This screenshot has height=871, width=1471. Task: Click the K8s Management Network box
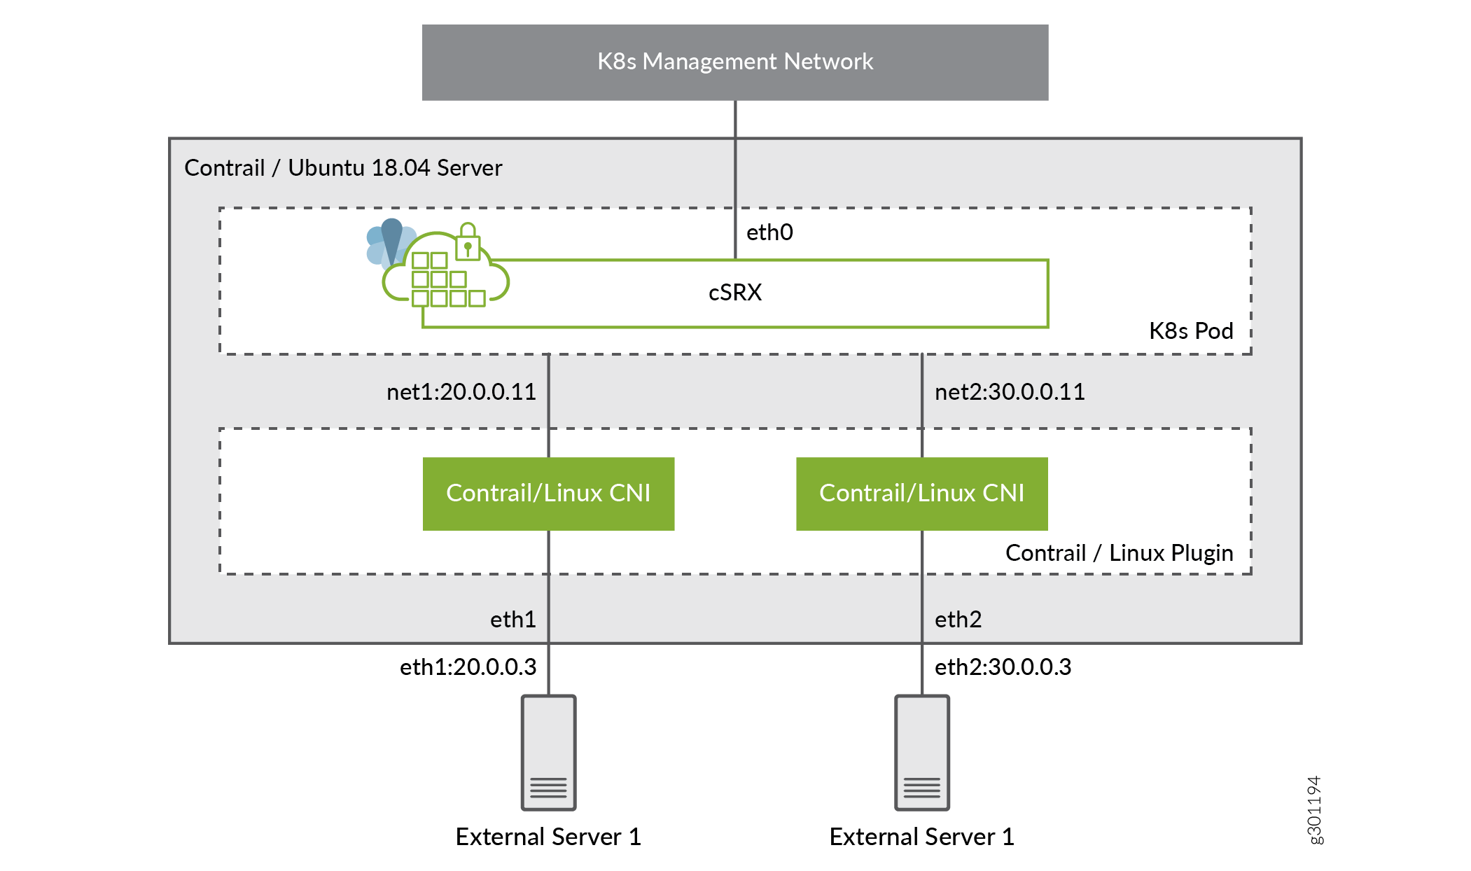734,62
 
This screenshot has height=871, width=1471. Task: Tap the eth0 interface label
769,232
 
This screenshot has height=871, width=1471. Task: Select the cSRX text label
734,293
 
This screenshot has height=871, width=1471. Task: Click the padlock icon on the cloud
468,242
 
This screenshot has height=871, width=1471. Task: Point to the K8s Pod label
1190,331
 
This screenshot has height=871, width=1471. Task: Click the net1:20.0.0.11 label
461,392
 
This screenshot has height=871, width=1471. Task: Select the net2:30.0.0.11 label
1009,392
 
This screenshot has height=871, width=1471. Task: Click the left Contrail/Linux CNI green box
548,494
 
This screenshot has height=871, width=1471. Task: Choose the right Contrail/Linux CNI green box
921,494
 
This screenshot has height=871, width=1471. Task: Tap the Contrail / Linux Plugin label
1118,553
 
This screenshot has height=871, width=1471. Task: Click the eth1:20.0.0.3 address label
468,667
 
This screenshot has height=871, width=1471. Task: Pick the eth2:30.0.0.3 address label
1002,667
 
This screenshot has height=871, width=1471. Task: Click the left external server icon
548,753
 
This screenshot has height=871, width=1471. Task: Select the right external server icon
921,753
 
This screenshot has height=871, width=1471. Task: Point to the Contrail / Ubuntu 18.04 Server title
343,168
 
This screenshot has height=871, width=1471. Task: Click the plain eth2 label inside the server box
958,620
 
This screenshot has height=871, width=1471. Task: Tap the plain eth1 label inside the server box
513,620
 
